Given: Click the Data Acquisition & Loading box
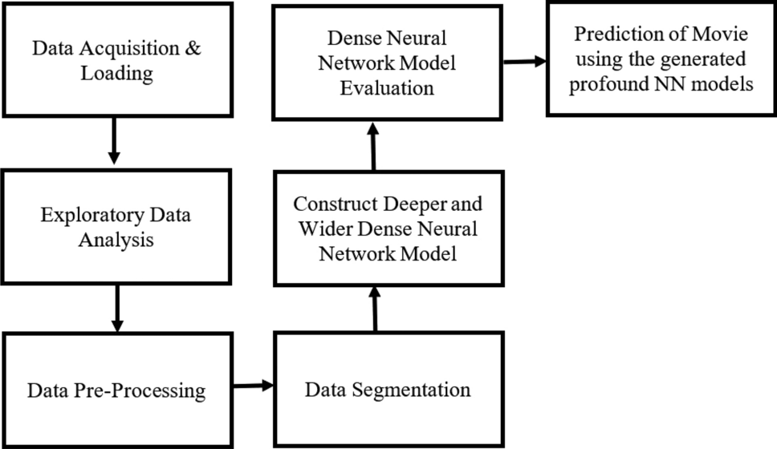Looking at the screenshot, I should pyautogui.click(x=117, y=59).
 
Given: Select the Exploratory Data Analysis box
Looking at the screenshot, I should pyautogui.click(x=117, y=227).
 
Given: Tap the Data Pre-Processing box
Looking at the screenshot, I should pyautogui.click(x=117, y=390).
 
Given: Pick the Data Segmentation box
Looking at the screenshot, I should pyautogui.click(x=388, y=390).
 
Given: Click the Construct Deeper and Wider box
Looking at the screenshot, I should pyautogui.click(x=388, y=229).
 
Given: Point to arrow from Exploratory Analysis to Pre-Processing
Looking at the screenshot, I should pyautogui.click(x=117, y=308).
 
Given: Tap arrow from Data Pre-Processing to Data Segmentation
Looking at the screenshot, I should pyautogui.click(x=254, y=387).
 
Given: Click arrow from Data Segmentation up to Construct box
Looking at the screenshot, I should pyautogui.click(x=374, y=309).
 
